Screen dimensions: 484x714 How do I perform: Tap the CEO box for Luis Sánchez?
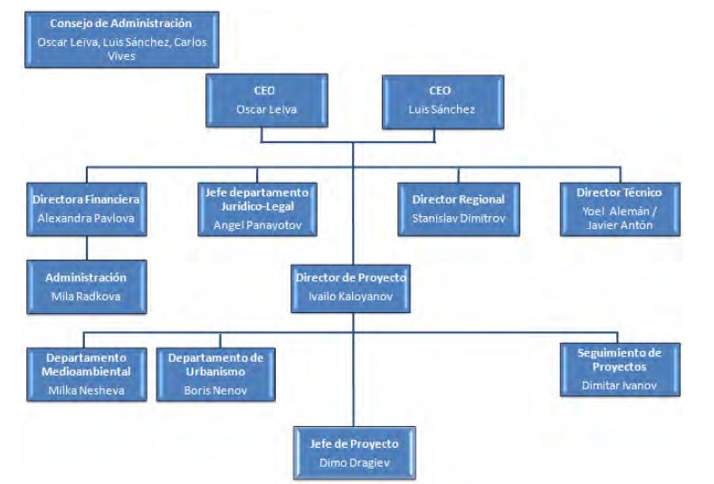[x=439, y=100]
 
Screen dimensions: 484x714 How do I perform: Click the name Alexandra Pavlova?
[x=86, y=217]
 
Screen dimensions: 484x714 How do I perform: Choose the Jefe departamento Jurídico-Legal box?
[x=258, y=209]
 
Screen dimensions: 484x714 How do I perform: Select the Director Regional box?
[x=458, y=209]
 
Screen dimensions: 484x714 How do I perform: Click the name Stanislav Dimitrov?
[x=458, y=217]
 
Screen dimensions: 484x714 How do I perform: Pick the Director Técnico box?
[x=620, y=209]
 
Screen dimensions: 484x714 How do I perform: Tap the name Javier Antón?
[x=620, y=226]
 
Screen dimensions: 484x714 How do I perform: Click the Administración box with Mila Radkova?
[x=86, y=286]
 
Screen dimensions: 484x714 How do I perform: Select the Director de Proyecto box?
[x=351, y=286]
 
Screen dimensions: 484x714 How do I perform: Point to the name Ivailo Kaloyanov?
[x=351, y=295]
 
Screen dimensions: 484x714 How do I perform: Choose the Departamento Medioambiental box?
[x=86, y=372]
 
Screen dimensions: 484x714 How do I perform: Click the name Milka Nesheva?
[x=86, y=390]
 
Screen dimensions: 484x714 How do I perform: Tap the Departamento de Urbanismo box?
[x=215, y=372]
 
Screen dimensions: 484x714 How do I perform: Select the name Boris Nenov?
[x=215, y=390]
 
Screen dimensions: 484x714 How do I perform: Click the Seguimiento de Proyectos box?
[x=619, y=368]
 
